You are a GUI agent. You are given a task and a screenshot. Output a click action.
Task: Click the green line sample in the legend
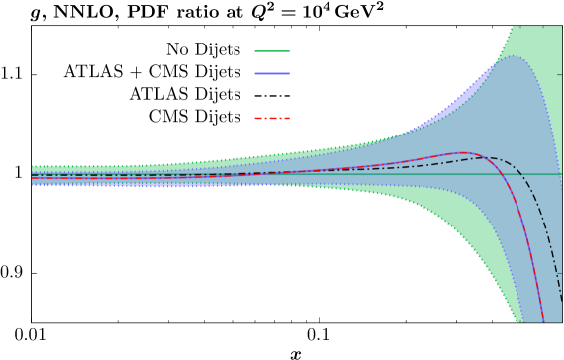[x=272, y=51]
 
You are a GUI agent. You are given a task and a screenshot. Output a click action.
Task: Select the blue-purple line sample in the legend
[x=272, y=73]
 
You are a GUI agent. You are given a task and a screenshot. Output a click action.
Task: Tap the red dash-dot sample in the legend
[x=272, y=118]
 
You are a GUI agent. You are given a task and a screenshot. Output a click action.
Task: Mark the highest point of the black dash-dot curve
[x=492, y=157]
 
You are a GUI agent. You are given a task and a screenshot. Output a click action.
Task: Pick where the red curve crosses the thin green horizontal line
[x=508, y=175]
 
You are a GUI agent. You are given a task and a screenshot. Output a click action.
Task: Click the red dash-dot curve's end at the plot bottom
[x=543, y=318]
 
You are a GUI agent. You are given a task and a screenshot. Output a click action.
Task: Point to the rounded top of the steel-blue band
[x=514, y=56]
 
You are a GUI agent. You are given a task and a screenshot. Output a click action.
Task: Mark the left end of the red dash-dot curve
[x=33, y=179]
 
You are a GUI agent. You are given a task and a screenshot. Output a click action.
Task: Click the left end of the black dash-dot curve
[x=33, y=176]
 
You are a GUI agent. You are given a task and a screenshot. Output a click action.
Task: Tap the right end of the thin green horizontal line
[x=560, y=175]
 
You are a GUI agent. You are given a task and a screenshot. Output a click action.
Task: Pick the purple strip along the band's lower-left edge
[x=119, y=185]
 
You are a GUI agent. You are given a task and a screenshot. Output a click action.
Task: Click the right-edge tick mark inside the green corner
[x=559, y=74]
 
